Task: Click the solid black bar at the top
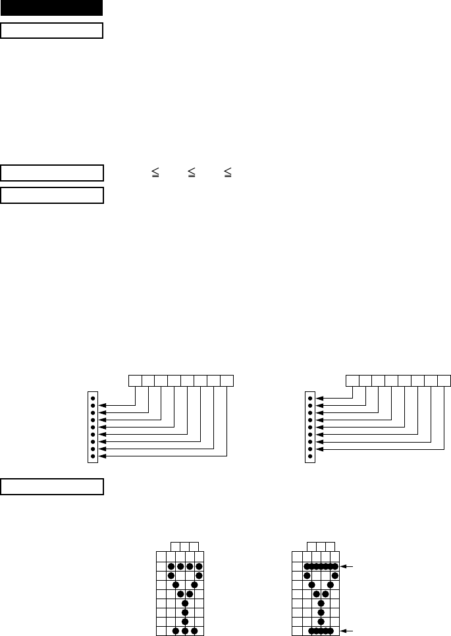[x=52, y=8]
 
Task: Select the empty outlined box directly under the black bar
[x=52, y=30]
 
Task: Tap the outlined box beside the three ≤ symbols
[x=52, y=173]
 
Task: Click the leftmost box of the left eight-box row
[x=135, y=380]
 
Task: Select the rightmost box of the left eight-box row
[x=227, y=380]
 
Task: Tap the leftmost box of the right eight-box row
[x=353, y=380]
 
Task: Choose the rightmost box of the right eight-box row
[x=444, y=380]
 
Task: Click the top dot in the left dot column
[x=93, y=399]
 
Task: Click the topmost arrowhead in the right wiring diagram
[x=320, y=399]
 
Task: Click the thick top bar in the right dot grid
[x=321, y=566]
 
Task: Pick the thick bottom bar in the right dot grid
[x=321, y=630]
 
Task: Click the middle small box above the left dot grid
[x=185, y=546]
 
